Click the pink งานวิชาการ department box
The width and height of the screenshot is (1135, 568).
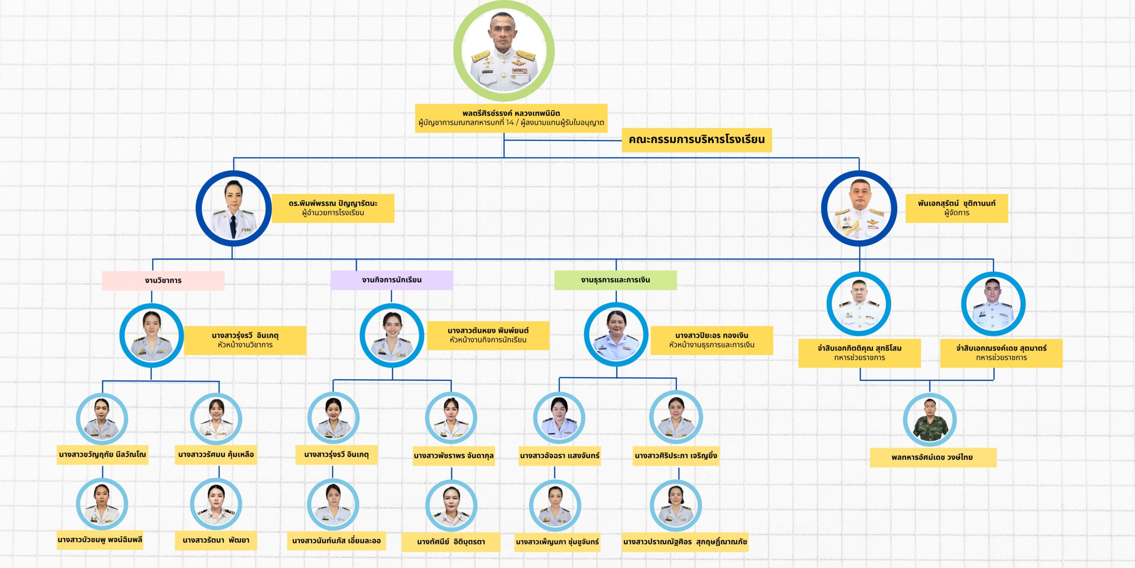coord(163,280)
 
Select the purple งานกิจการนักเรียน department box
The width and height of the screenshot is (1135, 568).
coord(391,280)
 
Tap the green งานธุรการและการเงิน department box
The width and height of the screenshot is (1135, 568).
coord(615,280)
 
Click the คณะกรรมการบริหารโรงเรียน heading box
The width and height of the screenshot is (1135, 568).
coord(697,140)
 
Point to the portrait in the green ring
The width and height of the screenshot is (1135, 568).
coord(504,51)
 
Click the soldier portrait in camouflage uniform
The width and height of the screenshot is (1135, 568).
coord(930,419)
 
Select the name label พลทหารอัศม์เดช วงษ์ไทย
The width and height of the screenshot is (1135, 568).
coord(933,458)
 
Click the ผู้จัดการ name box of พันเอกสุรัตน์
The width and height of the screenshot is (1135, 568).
coord(956,208)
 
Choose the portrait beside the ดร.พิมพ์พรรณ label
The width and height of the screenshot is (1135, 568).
coord(233,209)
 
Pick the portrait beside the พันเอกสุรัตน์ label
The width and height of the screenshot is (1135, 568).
coord(859,209)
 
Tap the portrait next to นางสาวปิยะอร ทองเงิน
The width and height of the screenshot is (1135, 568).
coord(616,335)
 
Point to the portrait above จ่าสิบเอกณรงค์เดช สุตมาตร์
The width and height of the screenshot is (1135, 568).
coord(993,304)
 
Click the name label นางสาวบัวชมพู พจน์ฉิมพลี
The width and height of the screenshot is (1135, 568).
coord(100,540)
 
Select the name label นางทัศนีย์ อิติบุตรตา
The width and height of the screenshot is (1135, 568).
coord(451,542)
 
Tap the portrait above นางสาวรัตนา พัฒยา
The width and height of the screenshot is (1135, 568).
coord(216,504)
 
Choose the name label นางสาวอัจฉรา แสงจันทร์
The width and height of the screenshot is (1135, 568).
coord(560,456)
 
